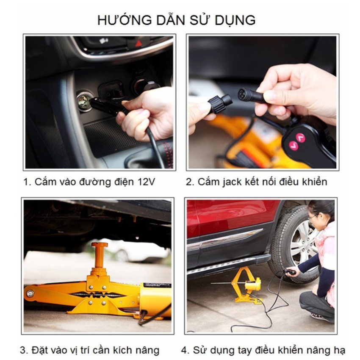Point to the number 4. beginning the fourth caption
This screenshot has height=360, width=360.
tap(185, 350)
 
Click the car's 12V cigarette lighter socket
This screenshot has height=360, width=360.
tap(83, 102)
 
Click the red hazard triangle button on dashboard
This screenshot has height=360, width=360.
tap(138, 42)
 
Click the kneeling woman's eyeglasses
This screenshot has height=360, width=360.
tap(313, 218)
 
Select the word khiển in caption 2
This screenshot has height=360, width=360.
tap(313, 182)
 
